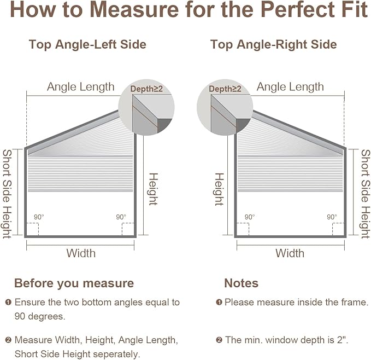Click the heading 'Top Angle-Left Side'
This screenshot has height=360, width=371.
coord(87,44)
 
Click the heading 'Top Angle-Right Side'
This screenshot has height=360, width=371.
coord(274,44)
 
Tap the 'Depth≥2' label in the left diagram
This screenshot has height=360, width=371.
coord(146,89)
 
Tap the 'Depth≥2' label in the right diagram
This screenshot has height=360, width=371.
coord(225,89)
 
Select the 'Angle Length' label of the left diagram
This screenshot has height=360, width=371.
coord(81,87)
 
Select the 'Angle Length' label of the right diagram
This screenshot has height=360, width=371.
coord(290,87)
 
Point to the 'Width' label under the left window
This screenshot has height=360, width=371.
coord(81,253)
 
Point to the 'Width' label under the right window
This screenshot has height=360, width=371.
coord(290,253)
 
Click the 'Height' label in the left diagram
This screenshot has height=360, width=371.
coord(153,189)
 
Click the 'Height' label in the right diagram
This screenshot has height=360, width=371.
coord(219,189)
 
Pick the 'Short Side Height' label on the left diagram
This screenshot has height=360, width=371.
coord(7,194)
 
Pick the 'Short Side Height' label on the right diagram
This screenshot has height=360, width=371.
coord(366,194)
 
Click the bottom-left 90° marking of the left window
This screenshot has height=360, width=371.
coord(39,217)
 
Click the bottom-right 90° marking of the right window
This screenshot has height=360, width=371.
coord(332,217)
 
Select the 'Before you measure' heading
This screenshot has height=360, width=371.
coord(74,283)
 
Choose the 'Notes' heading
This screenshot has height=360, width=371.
coord(241,283)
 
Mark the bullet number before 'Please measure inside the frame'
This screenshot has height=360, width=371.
coord(219,303)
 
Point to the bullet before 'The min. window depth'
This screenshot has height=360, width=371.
coord(219,340)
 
